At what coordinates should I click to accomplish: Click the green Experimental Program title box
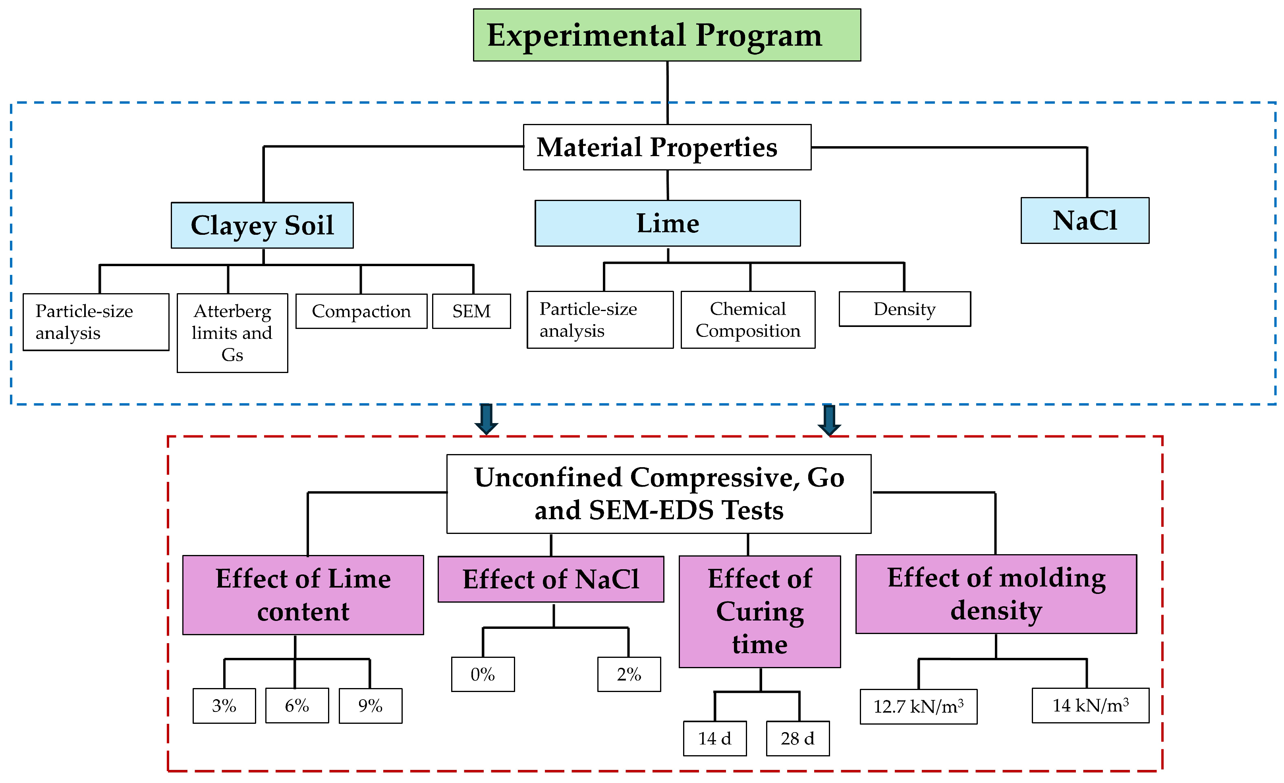coord(666,35)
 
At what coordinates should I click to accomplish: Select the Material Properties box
coord(666,147)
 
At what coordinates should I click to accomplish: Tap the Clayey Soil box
coord(262,225)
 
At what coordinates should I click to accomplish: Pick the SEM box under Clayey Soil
coord(471,311)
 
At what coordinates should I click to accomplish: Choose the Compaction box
coord(361,311)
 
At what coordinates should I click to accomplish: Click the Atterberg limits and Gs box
coord(232,333)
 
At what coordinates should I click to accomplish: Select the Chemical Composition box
coord(747,319)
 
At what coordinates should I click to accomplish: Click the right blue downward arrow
coord(829,419)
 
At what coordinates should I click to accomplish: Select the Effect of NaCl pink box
coord(550,579)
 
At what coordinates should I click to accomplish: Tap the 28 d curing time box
coord(797,738)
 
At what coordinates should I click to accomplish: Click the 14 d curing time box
coord(714,738)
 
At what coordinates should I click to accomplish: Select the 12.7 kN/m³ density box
coord(918,706)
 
